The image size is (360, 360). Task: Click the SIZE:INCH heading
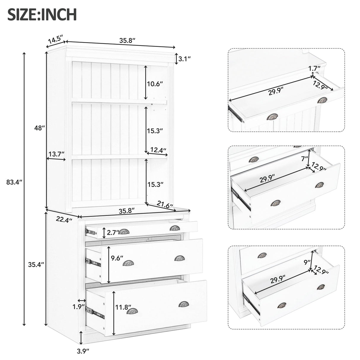pos(42,14)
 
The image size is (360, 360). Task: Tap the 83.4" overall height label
pos(15,182)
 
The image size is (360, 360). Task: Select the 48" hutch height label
pos(39,128)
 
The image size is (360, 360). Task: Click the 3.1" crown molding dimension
pos(184,59)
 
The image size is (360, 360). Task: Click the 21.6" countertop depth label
pos(165,204)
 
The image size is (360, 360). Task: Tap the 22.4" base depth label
pos(64,220)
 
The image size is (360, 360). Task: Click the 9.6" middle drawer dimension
pos(117,258)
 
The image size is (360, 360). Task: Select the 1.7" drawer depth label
pos(313,68)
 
